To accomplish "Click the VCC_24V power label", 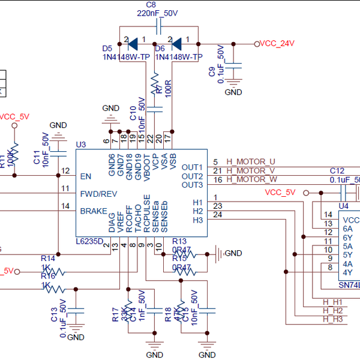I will [x=278, y=43].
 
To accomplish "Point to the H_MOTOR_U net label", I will [x=251, y=161].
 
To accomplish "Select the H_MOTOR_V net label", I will [x=251, y=170].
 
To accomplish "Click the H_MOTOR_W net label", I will [x=251, y=179].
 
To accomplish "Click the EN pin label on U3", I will [x=86, y=176].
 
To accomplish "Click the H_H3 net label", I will [x=332, y=319].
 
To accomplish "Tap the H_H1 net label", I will [x=332, y=302].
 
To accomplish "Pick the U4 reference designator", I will [x=343, y=206].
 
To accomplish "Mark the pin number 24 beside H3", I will [x=218, y=215].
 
